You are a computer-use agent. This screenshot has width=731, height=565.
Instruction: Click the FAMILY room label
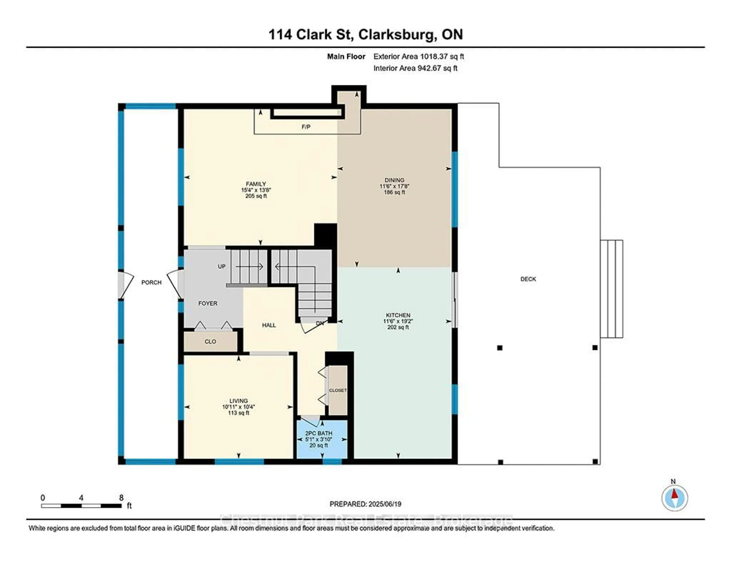coord(256,184)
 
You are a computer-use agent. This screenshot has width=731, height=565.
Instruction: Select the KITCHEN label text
coord(398,315)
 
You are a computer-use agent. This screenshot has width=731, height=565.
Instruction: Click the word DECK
coord(528,279)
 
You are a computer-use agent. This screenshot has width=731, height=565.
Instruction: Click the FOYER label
coord(207,303)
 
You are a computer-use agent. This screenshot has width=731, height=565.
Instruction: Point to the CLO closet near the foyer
coord(210,342)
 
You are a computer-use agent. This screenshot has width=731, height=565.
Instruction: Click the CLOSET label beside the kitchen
coord(337,391)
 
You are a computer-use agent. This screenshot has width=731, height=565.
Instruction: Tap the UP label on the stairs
coord(222,266)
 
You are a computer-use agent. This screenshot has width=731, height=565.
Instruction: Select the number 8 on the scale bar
coord(121,498)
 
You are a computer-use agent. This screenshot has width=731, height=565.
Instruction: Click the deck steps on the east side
coord(611,289)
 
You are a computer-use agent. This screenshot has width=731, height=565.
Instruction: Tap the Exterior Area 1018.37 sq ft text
coord(418,57)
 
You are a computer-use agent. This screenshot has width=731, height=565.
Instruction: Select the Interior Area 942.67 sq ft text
coord(415,68)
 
